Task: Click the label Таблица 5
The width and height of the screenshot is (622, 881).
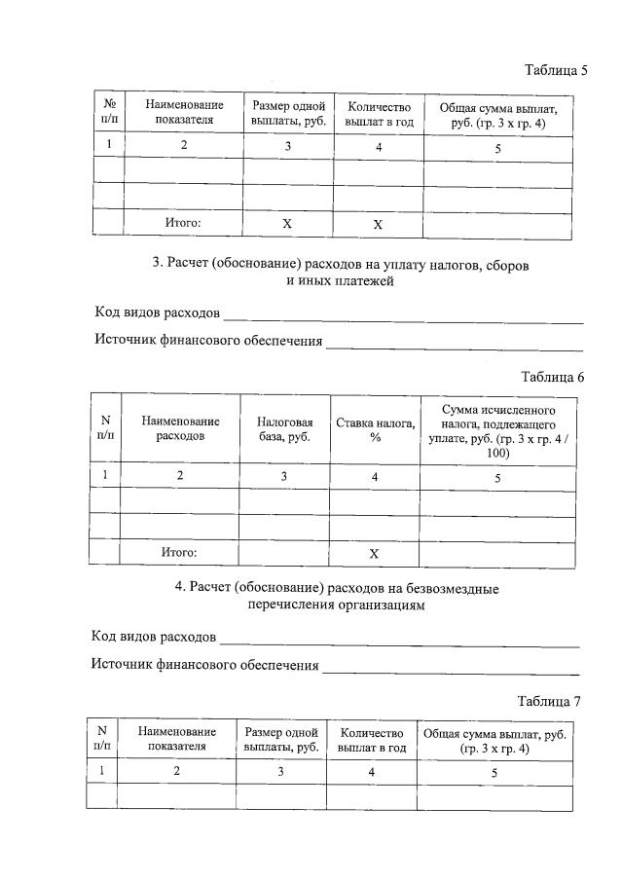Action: click(556, 70)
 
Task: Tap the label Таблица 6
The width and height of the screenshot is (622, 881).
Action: click(551, 378)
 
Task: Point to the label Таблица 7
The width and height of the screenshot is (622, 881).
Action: click(549, 701)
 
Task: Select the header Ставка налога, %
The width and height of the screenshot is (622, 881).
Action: click(375, 429)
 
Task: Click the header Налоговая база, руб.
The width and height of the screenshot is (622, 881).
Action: click(284, 429)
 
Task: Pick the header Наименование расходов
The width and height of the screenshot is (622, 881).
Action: click(180, 429)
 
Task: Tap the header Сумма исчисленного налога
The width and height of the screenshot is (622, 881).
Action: click(497, 429)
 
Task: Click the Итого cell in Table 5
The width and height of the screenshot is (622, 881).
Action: click(182, 223)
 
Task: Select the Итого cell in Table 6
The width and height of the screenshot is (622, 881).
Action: click(179, 553)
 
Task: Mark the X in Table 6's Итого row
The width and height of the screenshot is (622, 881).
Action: click(374, 553)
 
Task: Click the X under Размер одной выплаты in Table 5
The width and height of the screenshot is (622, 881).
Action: click(287, 223)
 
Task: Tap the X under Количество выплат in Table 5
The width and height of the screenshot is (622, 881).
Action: click(378, 223)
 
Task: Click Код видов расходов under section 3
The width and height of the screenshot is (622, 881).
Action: click(156, 313)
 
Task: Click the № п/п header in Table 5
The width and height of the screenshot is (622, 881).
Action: click(108, 112)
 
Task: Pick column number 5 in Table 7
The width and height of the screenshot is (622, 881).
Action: click(494, 772)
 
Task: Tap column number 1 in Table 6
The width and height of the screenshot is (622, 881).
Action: click(104, 476)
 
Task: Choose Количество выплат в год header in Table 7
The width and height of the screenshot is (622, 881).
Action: click(371, 740)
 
